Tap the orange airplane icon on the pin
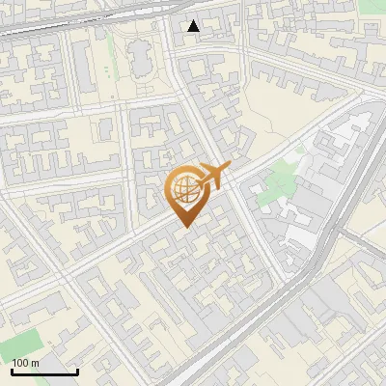(x=213, y=176)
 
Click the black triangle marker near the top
(x=194, y=26)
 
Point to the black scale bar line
(x=44, y=372)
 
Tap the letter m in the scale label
(x=36, y=363)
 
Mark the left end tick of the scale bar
(x=12, y=370)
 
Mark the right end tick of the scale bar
(x=77, y=370)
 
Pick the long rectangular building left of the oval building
(x=103, y=63)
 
